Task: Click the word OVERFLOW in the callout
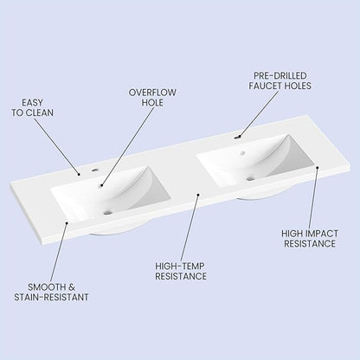(x=152, y=93)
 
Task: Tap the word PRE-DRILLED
(x=280, y=75)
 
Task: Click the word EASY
(x=32, y=102)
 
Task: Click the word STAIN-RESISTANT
(x=51, y=297)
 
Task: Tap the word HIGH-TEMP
(x=180, y=266)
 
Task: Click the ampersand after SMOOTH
(x=71, y=287)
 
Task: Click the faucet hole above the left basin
(x=94, y=170)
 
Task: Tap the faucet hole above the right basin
(x=237, y=138)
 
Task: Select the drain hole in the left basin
(x=107, y=213)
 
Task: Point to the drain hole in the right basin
(x=250, y=178)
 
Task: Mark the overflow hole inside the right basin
(x=243, y=152)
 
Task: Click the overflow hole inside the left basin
(x=101, y=185)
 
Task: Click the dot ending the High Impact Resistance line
(x=317, y=167)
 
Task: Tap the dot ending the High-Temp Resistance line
(x=198, y=195)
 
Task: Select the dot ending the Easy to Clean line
(x=80, y=174)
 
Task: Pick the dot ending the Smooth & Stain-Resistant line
(x=67, y=222)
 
